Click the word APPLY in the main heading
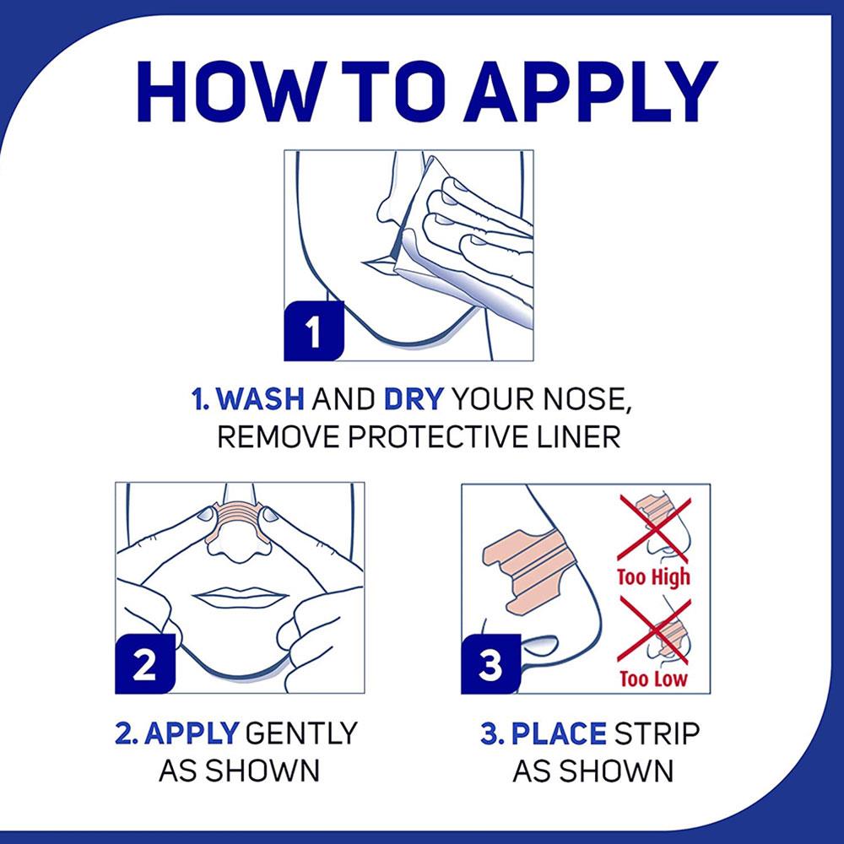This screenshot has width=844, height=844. coord(591,91)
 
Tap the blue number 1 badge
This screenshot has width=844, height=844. coord(314,331)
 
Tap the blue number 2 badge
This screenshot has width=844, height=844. coord(145,663)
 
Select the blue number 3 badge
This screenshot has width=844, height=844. coord(491,663)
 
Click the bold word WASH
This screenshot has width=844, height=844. coord(262,399)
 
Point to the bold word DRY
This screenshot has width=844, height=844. coord(414,399)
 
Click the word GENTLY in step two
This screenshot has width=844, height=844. coord(301,733)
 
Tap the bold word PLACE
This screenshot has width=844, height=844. coord(559,733)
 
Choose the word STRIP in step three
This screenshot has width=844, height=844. coord(657,733)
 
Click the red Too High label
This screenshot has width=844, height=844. coord(653,577)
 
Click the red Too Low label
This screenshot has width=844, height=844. coord(653,679)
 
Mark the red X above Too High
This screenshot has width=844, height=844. coord(654,528)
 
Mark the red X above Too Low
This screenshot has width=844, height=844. coord(654,630)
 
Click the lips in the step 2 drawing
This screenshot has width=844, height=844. coord(240,597)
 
